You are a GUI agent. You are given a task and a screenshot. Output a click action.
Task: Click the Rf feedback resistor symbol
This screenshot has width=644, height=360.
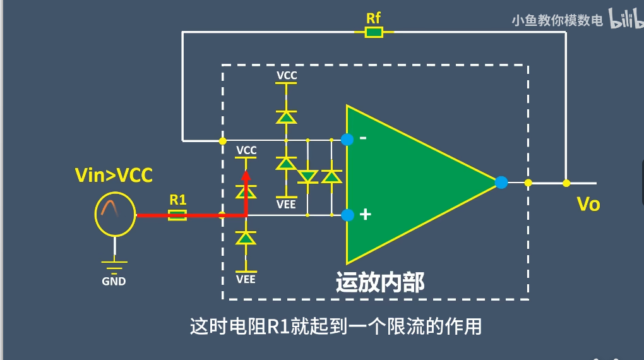pos(374,32)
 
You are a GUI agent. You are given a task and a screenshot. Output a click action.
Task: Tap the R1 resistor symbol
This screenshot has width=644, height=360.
pos(177,215)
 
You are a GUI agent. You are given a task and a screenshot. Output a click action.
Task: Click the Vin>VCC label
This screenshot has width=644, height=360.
pos(114,175)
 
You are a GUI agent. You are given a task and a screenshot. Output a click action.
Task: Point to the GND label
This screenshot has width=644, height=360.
pos(114,282)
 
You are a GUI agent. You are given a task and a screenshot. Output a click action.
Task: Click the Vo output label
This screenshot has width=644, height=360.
pos(588,204)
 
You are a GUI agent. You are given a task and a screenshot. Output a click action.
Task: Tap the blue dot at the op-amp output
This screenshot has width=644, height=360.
pos(501,183)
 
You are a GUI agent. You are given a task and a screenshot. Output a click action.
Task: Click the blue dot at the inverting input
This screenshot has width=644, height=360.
pos(347,140)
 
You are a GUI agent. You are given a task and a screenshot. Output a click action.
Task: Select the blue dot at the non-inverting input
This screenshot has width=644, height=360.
pos(347,215)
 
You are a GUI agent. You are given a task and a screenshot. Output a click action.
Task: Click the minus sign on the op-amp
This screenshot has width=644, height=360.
pos(363,138)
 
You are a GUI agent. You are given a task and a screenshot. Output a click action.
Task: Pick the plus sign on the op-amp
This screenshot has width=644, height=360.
pos(364,215)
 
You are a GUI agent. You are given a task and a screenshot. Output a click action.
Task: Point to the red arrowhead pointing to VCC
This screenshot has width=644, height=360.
pos(246,175)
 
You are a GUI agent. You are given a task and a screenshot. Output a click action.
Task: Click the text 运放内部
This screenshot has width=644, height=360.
pos(380,282)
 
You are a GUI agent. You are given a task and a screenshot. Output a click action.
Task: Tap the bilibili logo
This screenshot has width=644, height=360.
pos(624,20)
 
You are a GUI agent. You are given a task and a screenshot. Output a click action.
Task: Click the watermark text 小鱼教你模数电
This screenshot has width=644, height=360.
pos(557,20)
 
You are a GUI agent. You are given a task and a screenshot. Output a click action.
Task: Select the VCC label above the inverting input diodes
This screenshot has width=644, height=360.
pos(287,75)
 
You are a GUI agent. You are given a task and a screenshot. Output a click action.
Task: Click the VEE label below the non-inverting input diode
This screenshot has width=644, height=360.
pos(246,279)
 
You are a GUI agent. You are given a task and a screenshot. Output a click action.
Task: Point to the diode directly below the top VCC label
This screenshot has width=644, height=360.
pos(287,117)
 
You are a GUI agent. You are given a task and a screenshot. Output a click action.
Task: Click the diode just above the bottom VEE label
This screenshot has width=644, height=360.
pos(246,238)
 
